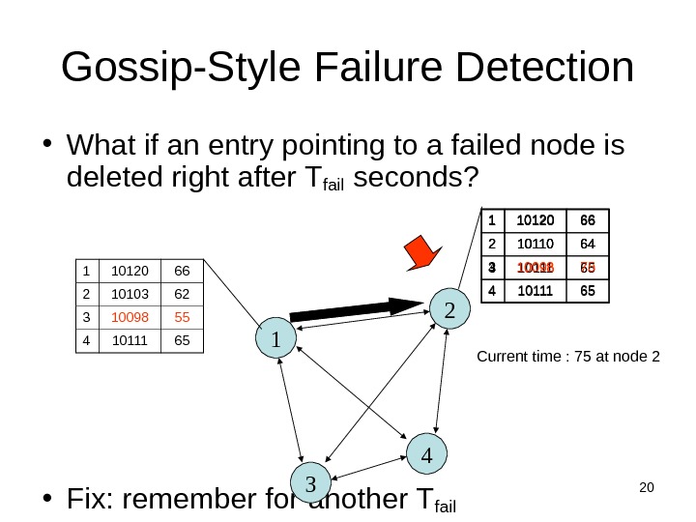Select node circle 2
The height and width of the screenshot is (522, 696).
pyautogui.click(x=449, y=308)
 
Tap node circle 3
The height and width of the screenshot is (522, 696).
pyautogui.click(x=310, y=481)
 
